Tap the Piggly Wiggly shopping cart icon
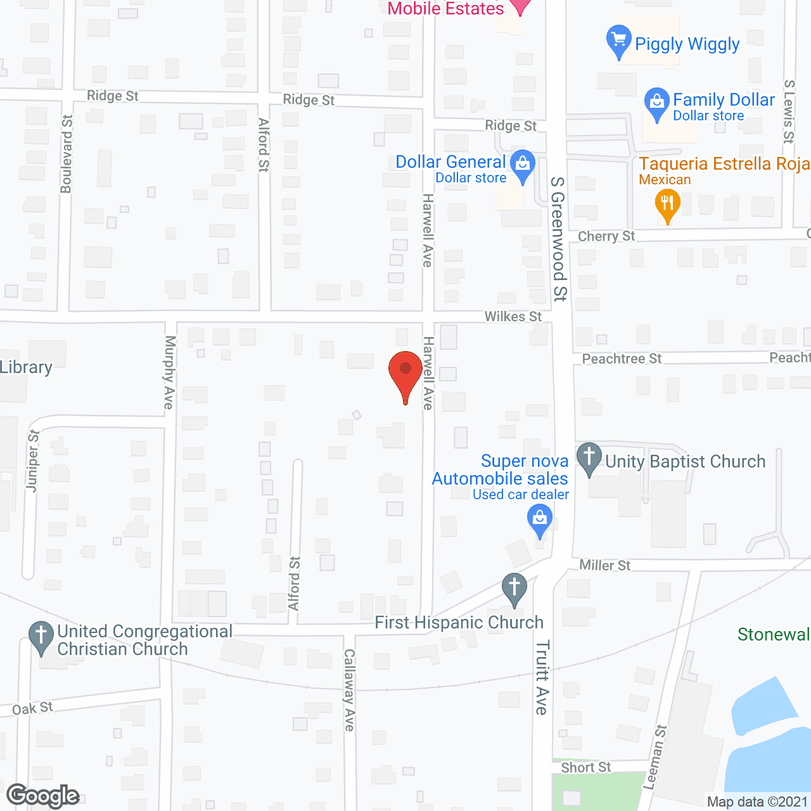618,40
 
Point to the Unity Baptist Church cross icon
589,457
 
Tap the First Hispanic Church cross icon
514,587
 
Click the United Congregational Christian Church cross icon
41,635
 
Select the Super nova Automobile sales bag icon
539,520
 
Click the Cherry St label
606,236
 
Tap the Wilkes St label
513,316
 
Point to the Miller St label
605,565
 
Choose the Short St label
586,767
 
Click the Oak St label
32,708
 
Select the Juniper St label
33,461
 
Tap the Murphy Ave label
169,373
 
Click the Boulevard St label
67,154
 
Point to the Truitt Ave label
542,677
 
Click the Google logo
43,796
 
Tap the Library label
26,367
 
